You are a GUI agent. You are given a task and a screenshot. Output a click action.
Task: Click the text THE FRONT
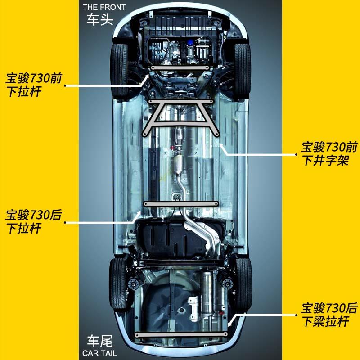pos(104,7)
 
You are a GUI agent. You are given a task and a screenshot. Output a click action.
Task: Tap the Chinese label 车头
pos(100,19)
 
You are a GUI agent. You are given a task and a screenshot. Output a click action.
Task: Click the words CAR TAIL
pos(99,353)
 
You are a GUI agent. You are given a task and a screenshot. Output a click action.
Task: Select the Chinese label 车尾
pos(100,341)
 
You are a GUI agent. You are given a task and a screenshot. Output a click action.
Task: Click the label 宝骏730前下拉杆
pos(34,85)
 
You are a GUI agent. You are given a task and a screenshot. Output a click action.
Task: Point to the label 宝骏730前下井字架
pos(329,153)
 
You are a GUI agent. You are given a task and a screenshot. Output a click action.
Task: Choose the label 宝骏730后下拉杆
pos(34,221)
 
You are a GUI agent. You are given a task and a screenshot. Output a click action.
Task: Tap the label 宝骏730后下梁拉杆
pos(329,315)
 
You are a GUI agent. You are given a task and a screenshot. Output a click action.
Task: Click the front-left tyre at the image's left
pos(119,70)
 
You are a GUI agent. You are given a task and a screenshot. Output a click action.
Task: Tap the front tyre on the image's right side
pos(242,71)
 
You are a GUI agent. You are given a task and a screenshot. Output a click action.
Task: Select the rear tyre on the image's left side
pos(118,283)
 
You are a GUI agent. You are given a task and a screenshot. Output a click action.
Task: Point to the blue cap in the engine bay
pos(190,42)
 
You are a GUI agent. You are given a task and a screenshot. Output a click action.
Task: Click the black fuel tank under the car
pos(175,239)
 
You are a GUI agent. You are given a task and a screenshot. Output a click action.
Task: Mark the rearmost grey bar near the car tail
pos(181,335)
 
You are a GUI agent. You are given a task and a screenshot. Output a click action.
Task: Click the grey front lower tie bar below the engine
pos(180,68)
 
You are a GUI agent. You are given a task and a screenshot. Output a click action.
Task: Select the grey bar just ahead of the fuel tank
pos(181,204)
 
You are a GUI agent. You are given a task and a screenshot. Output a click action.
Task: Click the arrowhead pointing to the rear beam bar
pos(230,324)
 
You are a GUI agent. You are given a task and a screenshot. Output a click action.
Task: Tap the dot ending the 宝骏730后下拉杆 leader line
pos(65,222)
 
